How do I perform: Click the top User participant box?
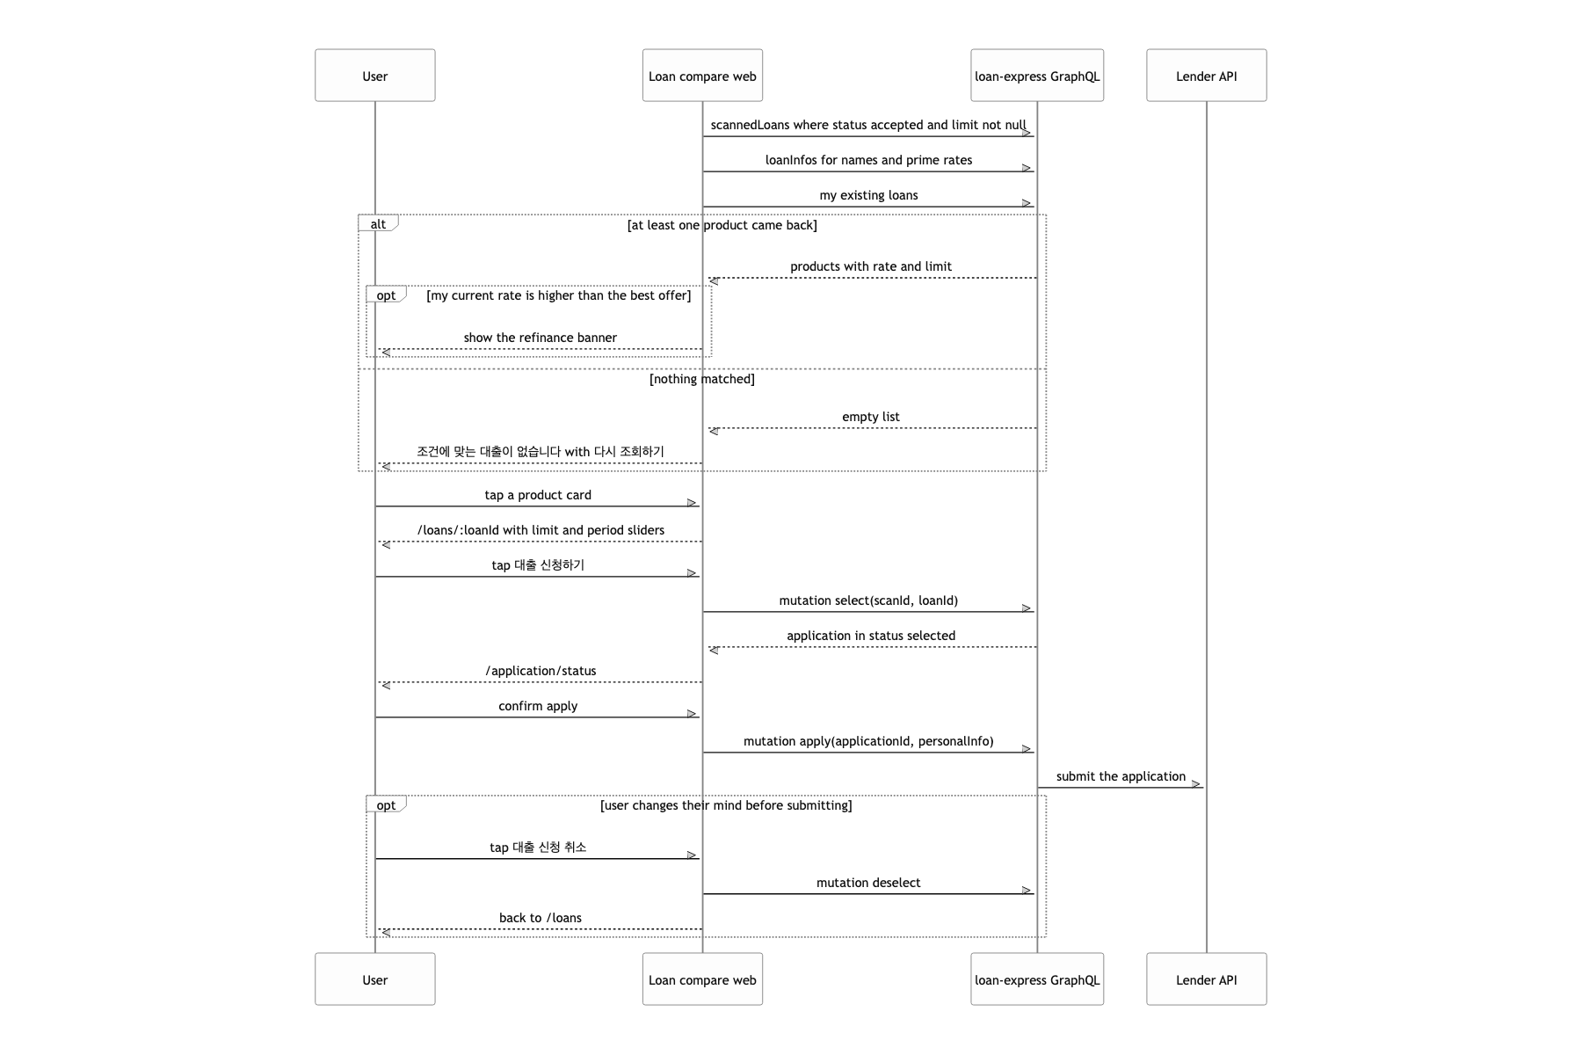(375, 76)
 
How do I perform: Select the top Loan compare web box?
(702, 76)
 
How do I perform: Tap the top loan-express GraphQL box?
(1037, 76)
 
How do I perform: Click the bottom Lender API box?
(1207, 979)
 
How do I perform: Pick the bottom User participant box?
(375, 979)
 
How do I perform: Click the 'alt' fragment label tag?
(379, 223)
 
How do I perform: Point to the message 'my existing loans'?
(868, 195)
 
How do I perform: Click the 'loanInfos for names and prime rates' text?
(868, 160)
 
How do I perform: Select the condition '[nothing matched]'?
(702, 379)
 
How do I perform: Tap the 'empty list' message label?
(871, 417)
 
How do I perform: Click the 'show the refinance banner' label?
(541, 338)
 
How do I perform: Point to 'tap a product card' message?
(538, 495)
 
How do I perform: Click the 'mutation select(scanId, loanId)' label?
(868, 600)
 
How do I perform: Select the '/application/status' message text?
(541, 671)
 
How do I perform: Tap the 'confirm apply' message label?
(538, 706)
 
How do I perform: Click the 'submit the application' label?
(1121, 776)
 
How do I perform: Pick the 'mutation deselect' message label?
(868, 883)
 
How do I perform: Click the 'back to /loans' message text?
(541, 918)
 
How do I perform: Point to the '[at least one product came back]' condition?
(722, 225)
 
